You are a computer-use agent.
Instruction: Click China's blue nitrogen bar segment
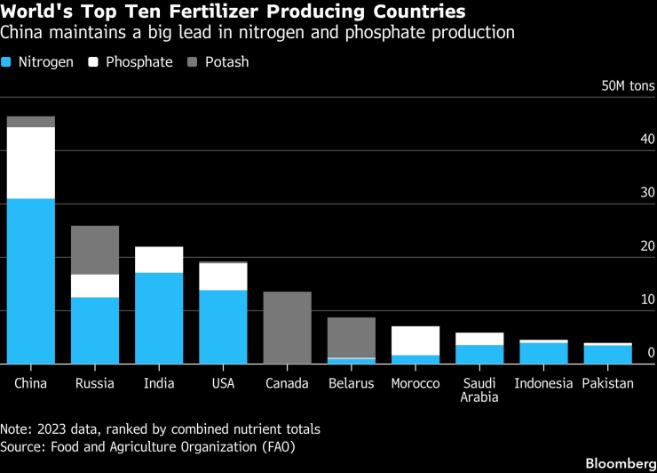(30, 280)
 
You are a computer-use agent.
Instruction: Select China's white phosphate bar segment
(30, 163)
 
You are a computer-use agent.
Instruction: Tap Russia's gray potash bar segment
(94, 250)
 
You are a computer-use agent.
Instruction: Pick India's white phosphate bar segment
(158, 260)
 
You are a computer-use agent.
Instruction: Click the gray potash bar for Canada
(287, 327)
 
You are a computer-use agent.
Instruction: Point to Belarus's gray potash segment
(351, 338)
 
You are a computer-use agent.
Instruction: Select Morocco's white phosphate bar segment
(415, 341)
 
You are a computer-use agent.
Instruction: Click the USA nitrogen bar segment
(223, 326)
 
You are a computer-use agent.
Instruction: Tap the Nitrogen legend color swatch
(8, 63)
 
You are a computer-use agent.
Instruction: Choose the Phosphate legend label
(139, 63)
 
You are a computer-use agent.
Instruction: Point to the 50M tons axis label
(628, 86)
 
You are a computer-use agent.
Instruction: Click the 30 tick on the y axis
(647, 193)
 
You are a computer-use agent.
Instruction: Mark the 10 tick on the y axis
(647, 300)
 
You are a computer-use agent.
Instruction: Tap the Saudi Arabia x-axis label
(479, 389)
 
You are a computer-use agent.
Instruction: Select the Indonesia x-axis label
(543, 383)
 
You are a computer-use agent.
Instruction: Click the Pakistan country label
(607, 383)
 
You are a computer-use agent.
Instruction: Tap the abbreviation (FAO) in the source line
(276, 446)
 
